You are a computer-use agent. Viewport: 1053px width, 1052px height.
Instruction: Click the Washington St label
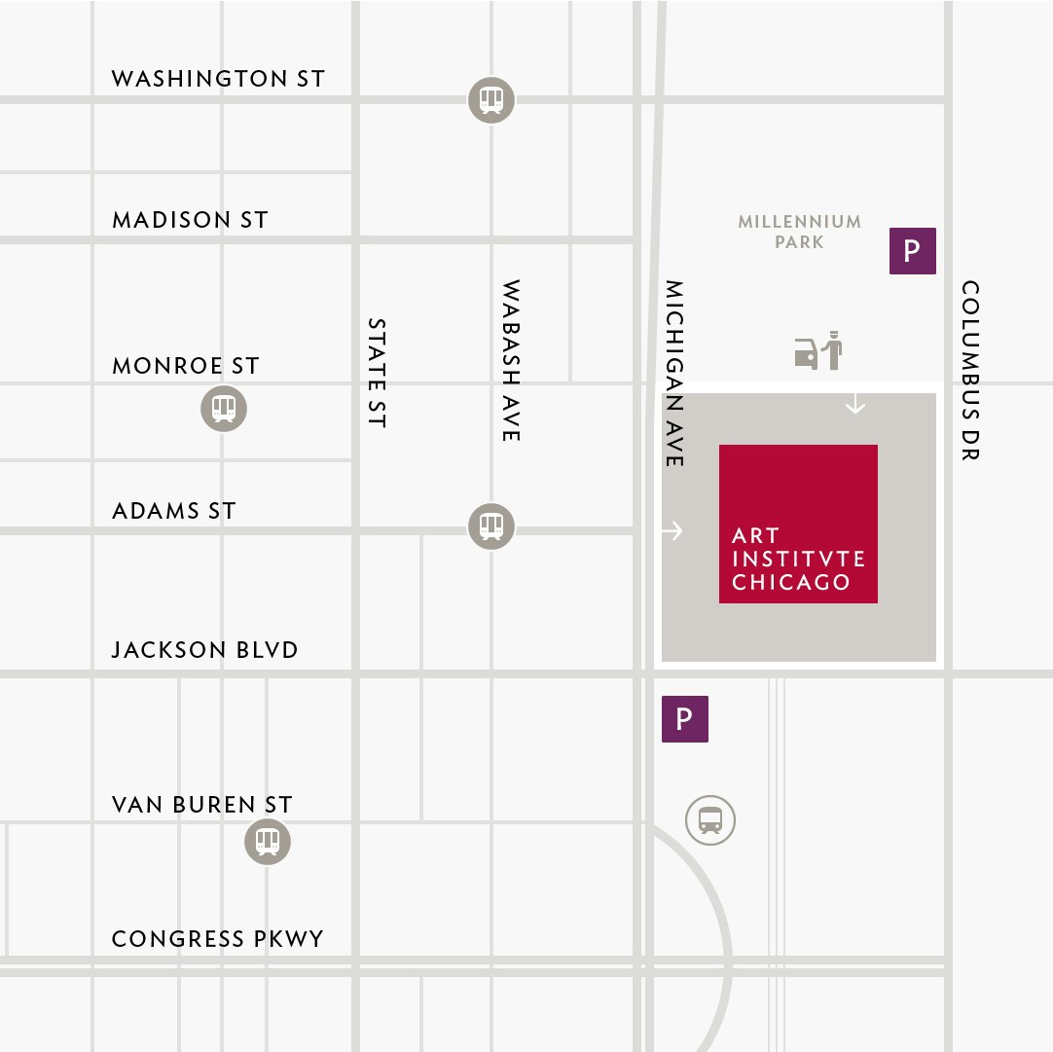tap(218, 79)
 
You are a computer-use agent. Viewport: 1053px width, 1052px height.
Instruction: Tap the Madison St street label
tap(190, 220)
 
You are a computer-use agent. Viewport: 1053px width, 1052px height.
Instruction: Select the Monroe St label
tap(186, 366)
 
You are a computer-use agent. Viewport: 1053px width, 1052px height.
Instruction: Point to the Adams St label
tap(174, 510)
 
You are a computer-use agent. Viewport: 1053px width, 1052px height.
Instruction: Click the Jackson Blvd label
tap(205, 649)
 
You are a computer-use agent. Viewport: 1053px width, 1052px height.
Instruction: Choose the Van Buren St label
tap(201, 805)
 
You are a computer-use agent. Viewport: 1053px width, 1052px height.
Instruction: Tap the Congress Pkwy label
tap(218, 939)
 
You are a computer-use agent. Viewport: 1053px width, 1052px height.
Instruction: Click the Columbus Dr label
tap(970, 370)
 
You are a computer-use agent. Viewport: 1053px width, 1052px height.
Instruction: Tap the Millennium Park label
tap(799, 232)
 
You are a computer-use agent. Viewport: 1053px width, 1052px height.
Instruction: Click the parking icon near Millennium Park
tap(913, 251)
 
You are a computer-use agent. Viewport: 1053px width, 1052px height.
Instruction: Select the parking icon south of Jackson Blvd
tap(685, 719)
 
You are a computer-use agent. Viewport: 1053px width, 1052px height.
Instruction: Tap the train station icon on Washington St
tap(491, 99)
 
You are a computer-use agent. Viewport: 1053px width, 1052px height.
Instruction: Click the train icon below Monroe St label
tap(224, 409)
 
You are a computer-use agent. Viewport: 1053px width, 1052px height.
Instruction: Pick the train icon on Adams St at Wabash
tap(491, 526)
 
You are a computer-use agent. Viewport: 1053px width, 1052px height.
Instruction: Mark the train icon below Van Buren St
tap(268, 841)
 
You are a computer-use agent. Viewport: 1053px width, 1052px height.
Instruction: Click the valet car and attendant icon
tap(818, 351)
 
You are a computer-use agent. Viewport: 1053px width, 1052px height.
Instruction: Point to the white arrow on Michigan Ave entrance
tap(672, 530)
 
